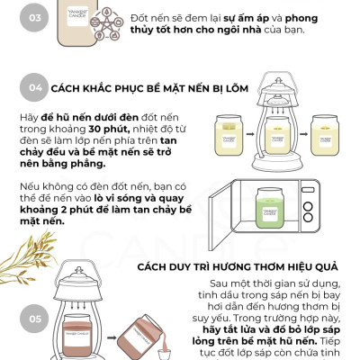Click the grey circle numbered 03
[34, 18]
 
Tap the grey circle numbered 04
[34, 87]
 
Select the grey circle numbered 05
[34, 319]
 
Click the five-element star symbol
[106, 24]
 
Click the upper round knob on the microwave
[308, 206]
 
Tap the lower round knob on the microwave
[308, 218]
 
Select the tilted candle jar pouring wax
[139, 336]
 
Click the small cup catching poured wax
[164, 354]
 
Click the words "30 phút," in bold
[109, 129]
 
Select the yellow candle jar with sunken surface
[229, 135]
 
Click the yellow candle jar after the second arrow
[325, 135]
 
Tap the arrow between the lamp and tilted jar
[112, 337]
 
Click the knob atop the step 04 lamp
[278, 81]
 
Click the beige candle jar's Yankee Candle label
[77, 16]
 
